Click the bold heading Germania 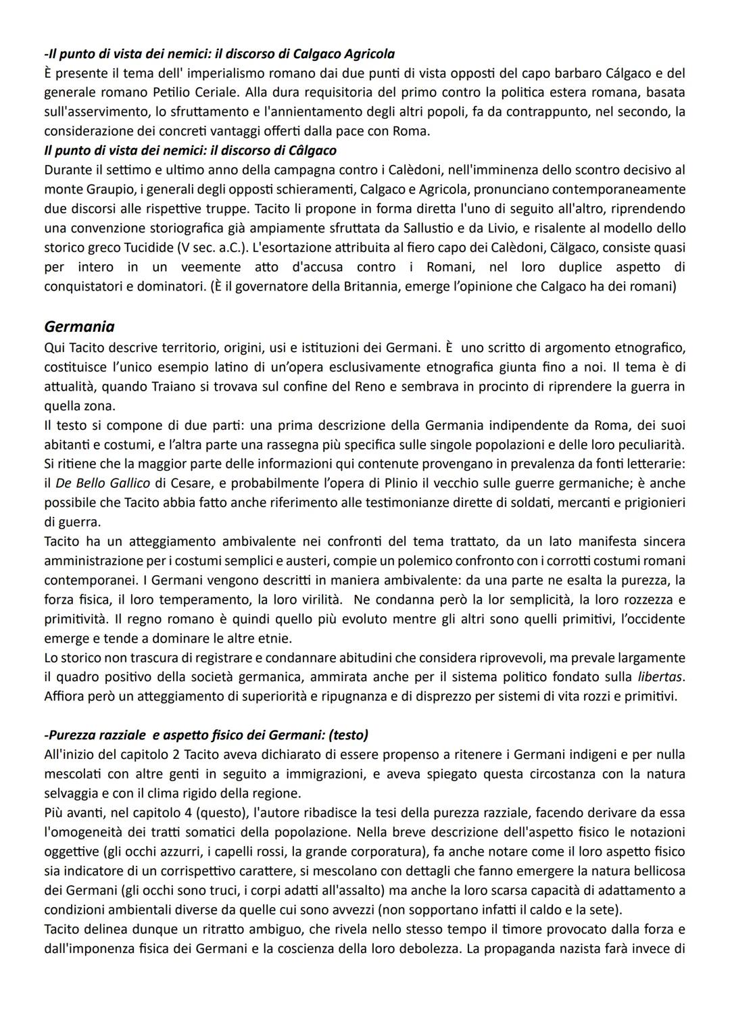pyautogui.click(x=79, y=326)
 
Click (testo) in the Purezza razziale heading pyautogui.click(x=343, y=735)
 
